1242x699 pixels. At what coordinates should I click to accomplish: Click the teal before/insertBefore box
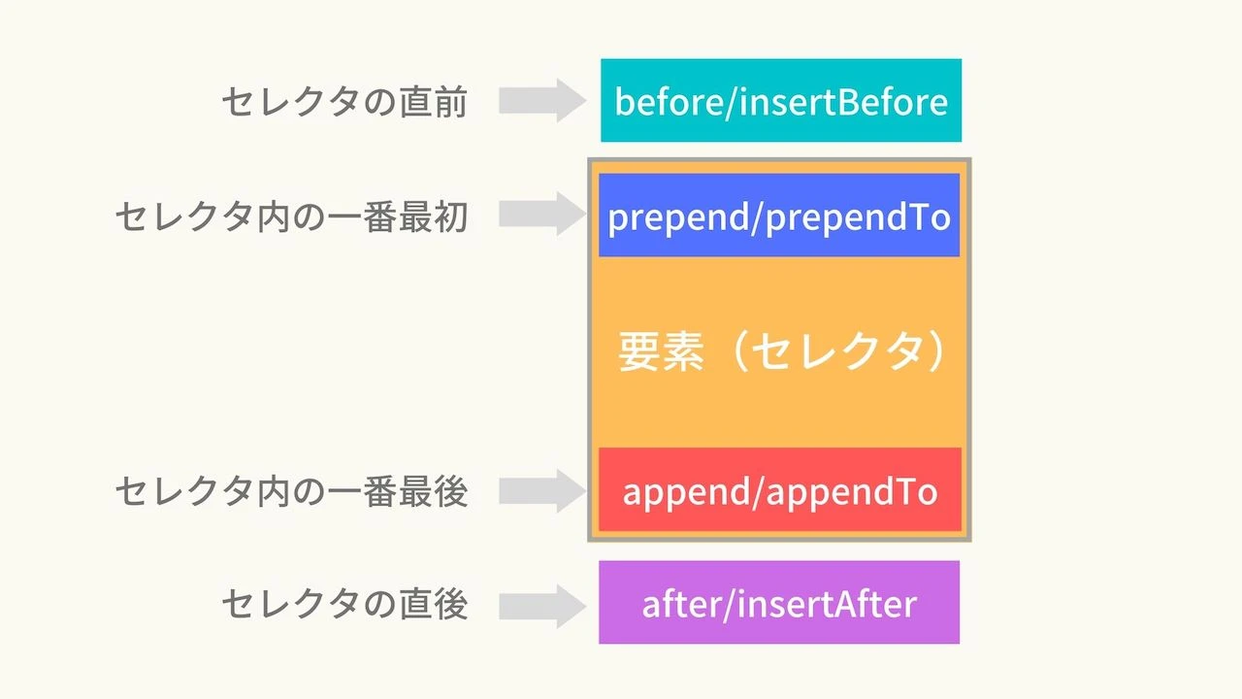tap(780, 100)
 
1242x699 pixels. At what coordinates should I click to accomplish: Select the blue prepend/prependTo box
tap(778, 216)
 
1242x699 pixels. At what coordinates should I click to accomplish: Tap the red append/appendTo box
tap(779, 490)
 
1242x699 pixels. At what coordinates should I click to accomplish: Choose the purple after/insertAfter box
tap(778, 603)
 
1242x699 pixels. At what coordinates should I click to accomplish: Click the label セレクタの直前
tap(344, 102)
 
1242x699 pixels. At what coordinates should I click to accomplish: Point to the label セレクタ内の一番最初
tap(291, 217)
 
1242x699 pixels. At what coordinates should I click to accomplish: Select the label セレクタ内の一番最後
tap(291, 492)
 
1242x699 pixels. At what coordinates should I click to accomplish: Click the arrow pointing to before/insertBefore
tap(542, 101)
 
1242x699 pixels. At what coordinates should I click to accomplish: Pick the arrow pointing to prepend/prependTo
tap(542, 215)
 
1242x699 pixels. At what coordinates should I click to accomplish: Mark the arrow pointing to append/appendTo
tap(542, 490)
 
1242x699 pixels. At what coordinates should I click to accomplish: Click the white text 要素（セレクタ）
tap(781, 353)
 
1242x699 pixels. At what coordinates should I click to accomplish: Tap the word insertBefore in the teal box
tap(843, 101)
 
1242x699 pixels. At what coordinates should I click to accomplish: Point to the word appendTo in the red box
tap(852, 492)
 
